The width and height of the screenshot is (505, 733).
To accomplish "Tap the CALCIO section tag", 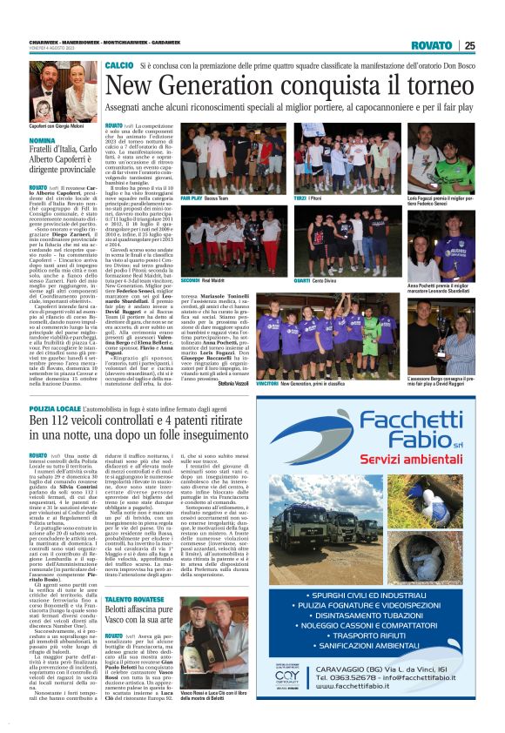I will pos(118,66).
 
